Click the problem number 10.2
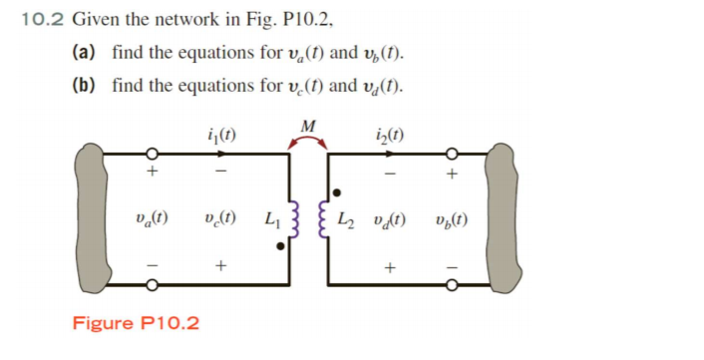click(x=42, y=18)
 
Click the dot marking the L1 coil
click(x=282, y=244)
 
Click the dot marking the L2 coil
click(x=338, y=191)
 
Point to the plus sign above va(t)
click(x=153, y=172)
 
